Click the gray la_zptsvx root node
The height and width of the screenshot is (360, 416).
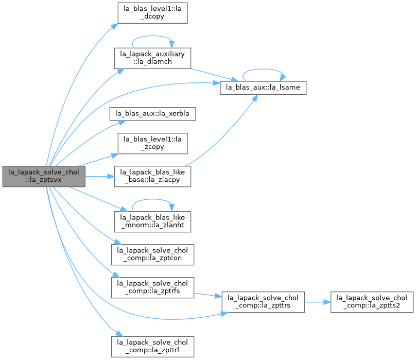point(44,176)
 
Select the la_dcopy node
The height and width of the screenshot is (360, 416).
point(152,13)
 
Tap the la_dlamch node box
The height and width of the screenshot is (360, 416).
point(152,58)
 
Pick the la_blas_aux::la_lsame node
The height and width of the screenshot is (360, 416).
point(263,88)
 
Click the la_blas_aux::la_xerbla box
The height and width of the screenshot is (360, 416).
point(152,114)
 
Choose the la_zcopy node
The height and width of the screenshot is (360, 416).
point(152,143)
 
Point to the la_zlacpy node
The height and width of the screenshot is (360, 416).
point(152,176)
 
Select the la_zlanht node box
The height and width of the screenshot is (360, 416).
point(152,221)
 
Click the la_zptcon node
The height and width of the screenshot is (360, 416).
point(152,254)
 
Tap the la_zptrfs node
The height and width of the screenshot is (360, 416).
point(152,287)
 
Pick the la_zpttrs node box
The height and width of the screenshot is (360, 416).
point(263,302)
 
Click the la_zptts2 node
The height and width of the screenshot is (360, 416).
point(372,302)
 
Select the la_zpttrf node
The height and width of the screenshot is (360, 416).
point(152,347)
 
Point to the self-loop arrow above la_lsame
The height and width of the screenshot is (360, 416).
point(263,70)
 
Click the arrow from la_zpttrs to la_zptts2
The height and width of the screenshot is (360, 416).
point(318,302)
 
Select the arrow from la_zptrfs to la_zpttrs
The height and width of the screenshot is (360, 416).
point(207,295)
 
